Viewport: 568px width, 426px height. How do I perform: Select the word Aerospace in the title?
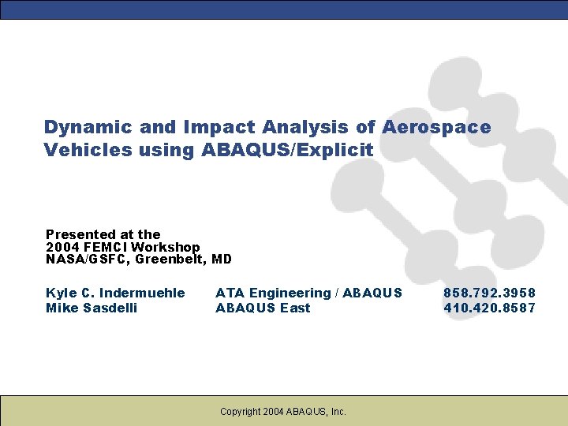click(x=436, y=127)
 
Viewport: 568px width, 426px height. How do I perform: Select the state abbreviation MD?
click(x=222, y=260)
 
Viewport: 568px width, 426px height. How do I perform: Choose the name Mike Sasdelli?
click(x=92, y=308)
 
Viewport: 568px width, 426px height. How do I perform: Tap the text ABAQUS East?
click(x=263, y=308)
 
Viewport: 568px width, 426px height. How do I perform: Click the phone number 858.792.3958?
click(x=490, y=293)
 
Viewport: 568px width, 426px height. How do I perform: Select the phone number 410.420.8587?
click(x=490, y=308)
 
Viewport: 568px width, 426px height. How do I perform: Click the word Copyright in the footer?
click(x=241, y=411)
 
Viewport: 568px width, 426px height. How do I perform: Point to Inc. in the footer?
click(x=337, y=411)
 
